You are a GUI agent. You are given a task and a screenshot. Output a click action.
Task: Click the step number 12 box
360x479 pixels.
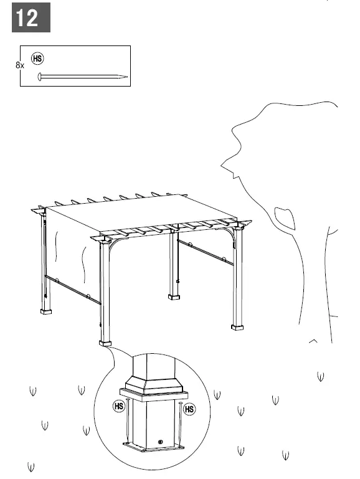(31, 18)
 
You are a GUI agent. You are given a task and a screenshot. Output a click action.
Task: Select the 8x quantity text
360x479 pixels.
(19, 65)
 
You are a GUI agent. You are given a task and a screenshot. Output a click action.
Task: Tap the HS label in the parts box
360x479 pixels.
(37, 59)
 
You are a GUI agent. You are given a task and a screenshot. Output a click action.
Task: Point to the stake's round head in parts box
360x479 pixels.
(40, 77)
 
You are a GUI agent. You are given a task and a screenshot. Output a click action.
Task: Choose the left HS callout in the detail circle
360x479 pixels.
(120, 407)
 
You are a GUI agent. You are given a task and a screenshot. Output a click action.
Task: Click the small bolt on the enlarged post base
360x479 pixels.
(161, 442)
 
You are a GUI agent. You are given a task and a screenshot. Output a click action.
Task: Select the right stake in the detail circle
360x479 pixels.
(179, 424)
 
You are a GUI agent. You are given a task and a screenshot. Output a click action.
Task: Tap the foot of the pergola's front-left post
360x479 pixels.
(105, 342)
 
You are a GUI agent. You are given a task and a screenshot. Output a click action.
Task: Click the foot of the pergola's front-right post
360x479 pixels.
(237, 326)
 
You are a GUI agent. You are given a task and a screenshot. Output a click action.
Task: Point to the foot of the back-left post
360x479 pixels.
(46, 310)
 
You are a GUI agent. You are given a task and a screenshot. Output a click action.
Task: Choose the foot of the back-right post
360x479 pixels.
(174, 296)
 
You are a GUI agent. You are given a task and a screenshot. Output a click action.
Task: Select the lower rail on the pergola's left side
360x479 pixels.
(72, 290)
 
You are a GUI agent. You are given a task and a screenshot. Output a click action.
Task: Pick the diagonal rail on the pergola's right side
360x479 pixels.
(205, 252)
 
